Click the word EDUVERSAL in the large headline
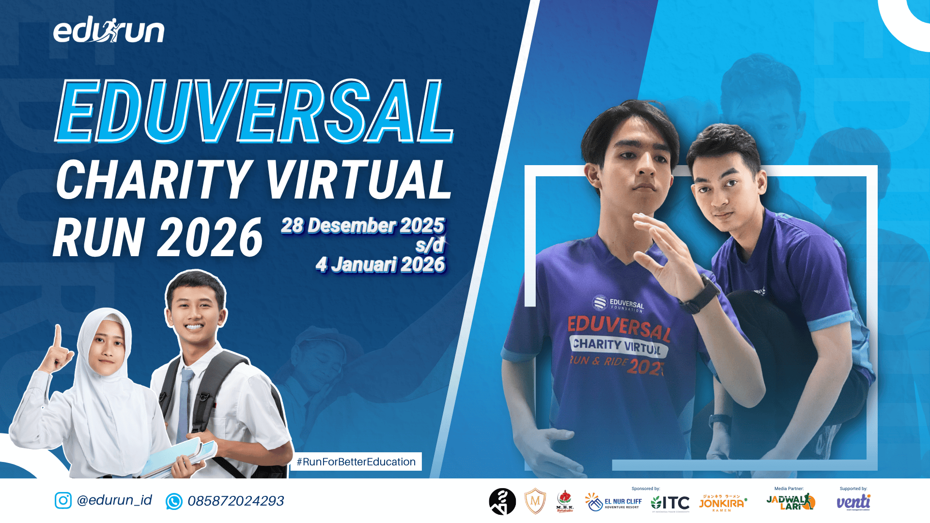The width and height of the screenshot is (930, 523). coord(254,111)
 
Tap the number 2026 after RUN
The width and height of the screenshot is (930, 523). coord(210,237)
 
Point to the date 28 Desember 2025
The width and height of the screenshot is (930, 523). coord(362,226)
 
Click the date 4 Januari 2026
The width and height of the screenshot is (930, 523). coord(380,265)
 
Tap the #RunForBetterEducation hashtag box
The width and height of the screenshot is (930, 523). coord(356,461)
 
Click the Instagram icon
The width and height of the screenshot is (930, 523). coord(63,500)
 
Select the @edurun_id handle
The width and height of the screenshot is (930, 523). coord(114,500)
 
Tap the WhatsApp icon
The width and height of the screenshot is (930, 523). coord(174,501)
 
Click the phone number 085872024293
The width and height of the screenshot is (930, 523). coord(236,501)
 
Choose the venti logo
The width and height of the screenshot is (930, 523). coord(853,502)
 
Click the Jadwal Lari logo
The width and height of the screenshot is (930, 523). coord(790,502)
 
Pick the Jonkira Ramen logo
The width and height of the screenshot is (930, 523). coord(722,503)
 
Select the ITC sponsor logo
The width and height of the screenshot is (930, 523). coord(670,503)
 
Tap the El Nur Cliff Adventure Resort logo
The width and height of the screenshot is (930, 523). coord(614,502)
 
